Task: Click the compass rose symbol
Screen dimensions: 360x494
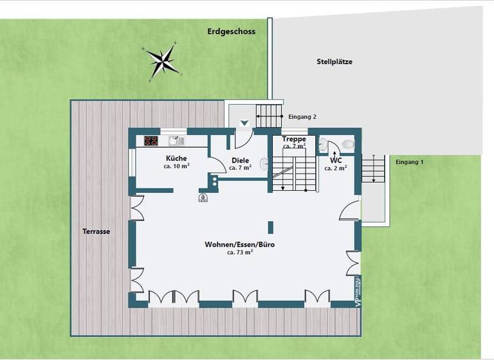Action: (x=163, y=61)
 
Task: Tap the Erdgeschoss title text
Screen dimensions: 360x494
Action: (x=231, y=32)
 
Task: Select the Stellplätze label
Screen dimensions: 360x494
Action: (x=334, y=62)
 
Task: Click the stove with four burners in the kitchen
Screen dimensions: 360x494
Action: (x=151, y=141)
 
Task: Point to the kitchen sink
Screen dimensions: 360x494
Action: (x=174, y=141)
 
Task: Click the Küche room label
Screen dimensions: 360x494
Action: (x=176, y=158)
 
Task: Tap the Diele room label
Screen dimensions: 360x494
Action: (x=241, y=161)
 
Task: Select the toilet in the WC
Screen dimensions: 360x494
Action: (x=348, y=144)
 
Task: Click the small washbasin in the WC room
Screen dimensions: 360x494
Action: (x=323, y=145)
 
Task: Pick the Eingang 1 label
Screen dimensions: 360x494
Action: (x=410, y=162)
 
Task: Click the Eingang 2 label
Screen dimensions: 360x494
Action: (x=302, y=117)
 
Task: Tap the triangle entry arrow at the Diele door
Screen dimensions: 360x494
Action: (x=243, y=123)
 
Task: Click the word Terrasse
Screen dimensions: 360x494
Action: (x=96, y=231)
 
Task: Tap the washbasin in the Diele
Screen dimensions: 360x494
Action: (x=264, y=163)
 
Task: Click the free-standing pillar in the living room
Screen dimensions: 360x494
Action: (x=270, y=227)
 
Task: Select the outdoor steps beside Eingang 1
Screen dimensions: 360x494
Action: (x=372, y=170)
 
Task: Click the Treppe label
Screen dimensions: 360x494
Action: (x=293, y=139)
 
